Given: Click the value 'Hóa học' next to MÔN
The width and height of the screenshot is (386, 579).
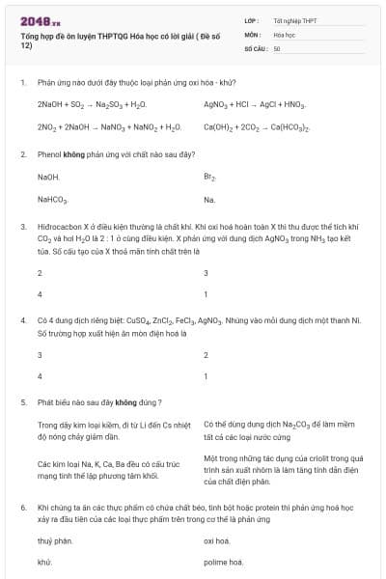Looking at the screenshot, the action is pyautogui.click(x=284, y=33).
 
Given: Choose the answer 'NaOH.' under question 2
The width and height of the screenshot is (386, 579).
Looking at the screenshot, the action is pyautogui.click(x=48, y=177).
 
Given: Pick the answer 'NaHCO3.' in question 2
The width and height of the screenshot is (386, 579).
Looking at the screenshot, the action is pyautogui.click(x=53, y=200).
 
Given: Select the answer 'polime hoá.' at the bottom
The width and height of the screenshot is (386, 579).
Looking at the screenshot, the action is pyautogui.click(x=223, y=562).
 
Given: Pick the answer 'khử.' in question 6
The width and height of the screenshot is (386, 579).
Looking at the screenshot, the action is pyautogui.click(x=44, y=562).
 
